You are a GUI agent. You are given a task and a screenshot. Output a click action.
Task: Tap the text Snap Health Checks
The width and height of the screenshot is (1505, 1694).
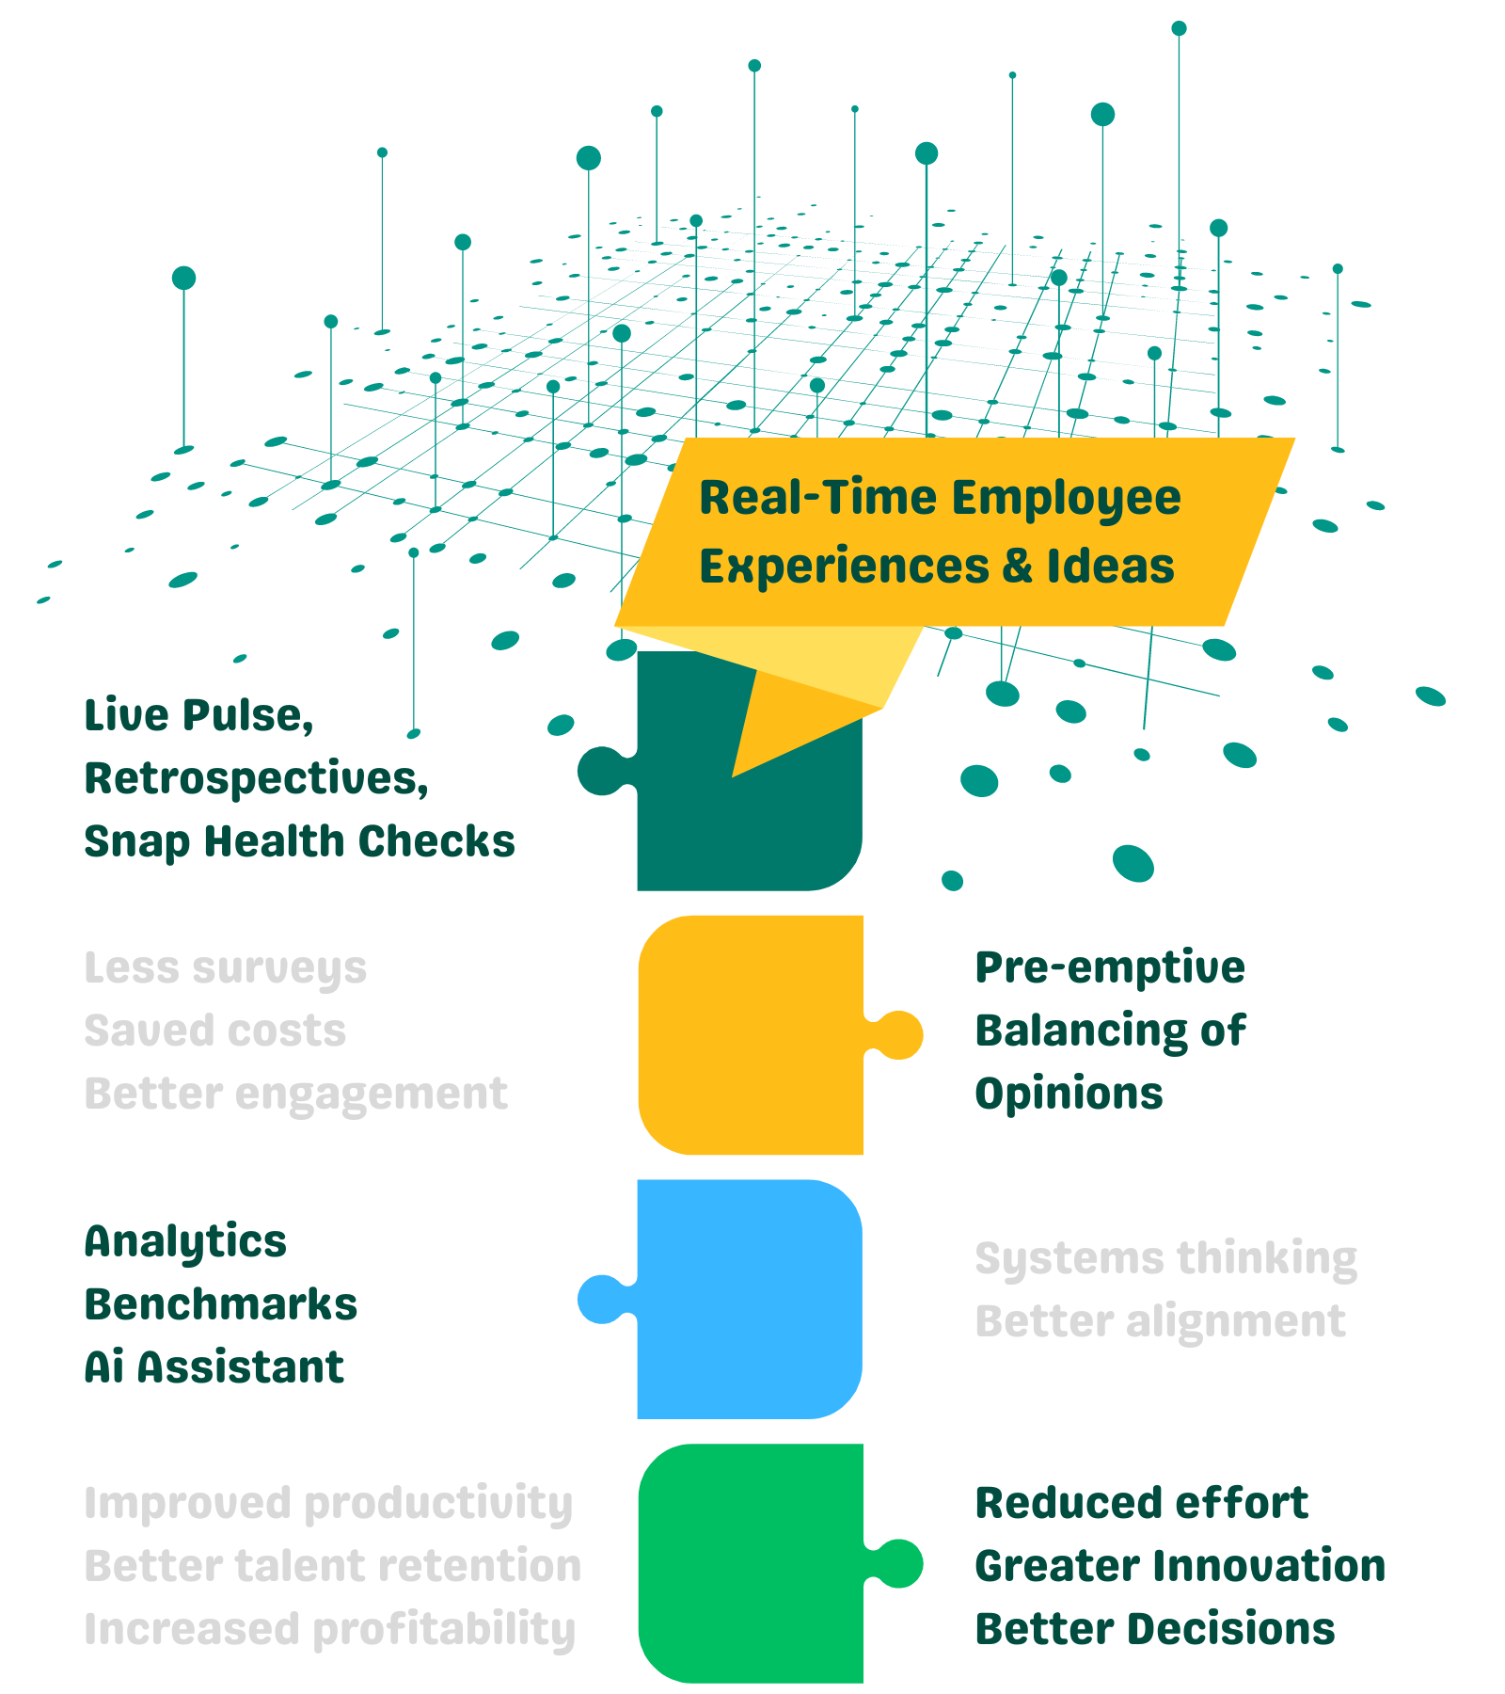tap(299, 841)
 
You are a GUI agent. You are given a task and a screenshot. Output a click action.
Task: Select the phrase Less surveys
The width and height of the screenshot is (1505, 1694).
tap(225, 968)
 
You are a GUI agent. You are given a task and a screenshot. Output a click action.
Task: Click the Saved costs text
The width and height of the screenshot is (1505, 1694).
tap(214, 1031)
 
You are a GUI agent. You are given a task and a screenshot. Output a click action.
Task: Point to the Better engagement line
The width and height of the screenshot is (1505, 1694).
tap(295, 1094)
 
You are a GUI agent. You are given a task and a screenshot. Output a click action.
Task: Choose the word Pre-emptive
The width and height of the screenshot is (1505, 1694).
tap(1110, 967)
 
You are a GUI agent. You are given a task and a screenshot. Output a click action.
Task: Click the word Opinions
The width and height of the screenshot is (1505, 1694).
tap(1069, 1094)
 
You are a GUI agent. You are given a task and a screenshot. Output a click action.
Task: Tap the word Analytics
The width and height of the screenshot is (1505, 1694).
tap(185, 1242)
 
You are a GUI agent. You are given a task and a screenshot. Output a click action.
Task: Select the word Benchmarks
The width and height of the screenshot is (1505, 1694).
tap(220, 1304)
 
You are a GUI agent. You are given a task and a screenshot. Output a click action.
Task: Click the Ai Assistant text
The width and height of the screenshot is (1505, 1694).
tap(214, 1367)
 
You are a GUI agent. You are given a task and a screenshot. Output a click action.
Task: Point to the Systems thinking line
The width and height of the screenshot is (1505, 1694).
tap(1165, 1259)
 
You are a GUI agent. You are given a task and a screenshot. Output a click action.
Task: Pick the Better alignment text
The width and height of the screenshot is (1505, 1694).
tap(1160, 1321)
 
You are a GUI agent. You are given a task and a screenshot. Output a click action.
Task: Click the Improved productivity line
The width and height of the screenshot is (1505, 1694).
tap(327, 1504)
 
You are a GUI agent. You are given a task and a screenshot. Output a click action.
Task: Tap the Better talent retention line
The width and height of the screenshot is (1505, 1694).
tap(332, 1566)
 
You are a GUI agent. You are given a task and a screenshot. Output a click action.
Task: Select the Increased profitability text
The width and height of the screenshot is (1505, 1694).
tap(329, 1630)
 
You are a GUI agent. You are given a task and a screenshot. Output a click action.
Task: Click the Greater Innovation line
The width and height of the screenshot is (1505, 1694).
tap(1180, 1566)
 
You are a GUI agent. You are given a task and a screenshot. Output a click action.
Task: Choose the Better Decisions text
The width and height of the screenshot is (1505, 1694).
tap(1154, 1629)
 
